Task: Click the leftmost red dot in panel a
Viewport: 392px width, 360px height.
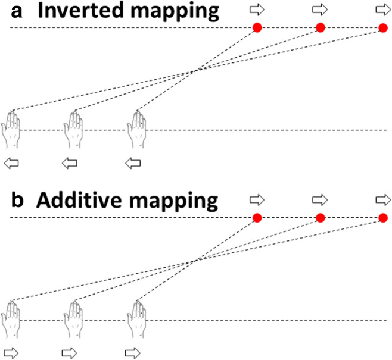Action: click(257, 27)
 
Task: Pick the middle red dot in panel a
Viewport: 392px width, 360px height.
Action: click(320, 27)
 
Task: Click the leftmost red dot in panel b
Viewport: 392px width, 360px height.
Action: click(257, 218)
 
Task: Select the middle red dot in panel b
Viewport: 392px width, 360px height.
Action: click(320, 218)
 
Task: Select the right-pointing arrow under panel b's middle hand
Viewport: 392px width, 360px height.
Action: click(70, 350)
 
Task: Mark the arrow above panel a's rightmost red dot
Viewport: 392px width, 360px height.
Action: click(383, 8)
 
